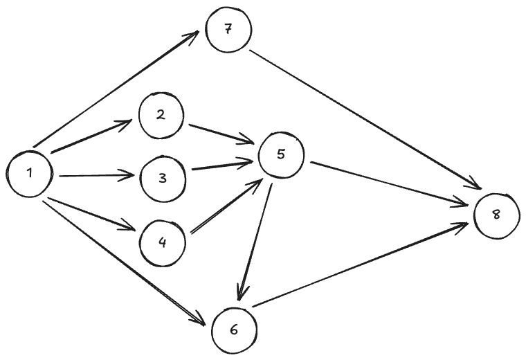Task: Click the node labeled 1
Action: (30, 172)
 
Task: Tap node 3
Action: (163, 178)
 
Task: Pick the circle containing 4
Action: (163, 242)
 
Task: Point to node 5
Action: (280, 154)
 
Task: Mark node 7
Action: (227, 30)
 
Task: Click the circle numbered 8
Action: (496, 215)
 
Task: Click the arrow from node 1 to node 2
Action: (91, 136)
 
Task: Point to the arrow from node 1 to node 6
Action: (125, 262)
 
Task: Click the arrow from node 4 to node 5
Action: (226, 207)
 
